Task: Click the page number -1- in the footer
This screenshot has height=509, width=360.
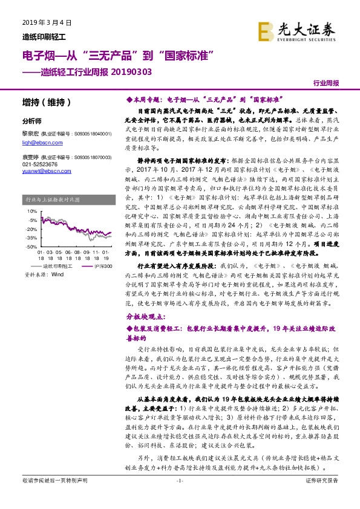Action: (179, 497)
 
